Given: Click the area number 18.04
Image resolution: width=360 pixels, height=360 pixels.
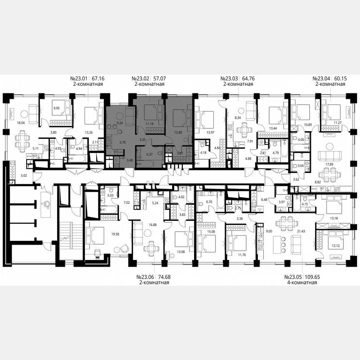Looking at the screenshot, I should [x=20, y=123].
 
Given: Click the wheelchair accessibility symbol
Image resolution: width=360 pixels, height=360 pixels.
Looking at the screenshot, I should [x=47, y=203].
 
